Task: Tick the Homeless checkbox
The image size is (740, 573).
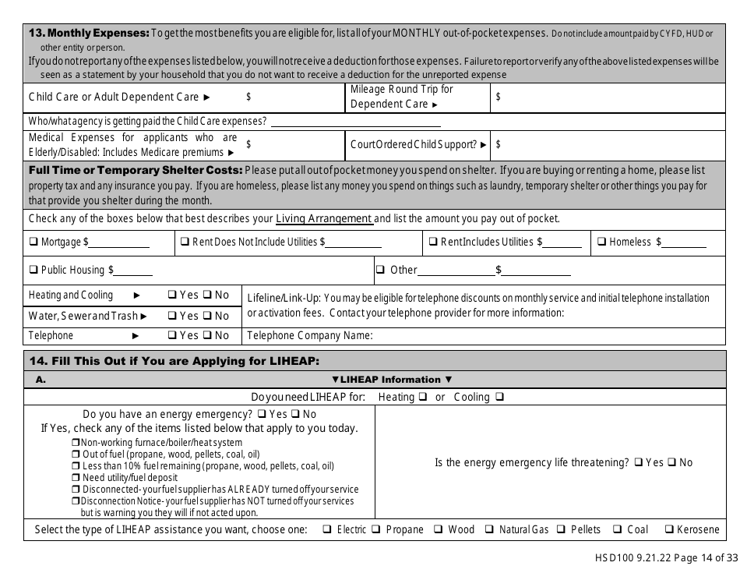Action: click(602, 242)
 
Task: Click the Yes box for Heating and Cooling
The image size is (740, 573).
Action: click(172, 295)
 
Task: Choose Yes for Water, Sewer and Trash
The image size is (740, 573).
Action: click(172, 316)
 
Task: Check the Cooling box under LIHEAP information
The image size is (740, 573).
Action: click(499, 397)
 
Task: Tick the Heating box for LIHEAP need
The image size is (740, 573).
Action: click(423, 397)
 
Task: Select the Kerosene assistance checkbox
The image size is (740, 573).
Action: click(668, 530)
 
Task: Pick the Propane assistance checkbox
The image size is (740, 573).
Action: click(375, 530)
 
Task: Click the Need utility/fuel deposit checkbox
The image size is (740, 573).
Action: click(76, 478)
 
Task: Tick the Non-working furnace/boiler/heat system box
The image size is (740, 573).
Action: click(76, 443)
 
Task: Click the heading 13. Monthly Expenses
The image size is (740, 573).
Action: click(88, 33)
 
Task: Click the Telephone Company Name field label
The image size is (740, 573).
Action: click(310, 336)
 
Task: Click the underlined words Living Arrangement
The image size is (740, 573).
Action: click(324, 219)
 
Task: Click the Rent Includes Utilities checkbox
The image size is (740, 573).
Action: click(434, 242)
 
